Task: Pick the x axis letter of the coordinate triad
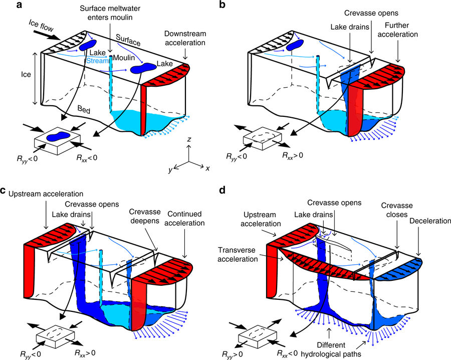(207, 168)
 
